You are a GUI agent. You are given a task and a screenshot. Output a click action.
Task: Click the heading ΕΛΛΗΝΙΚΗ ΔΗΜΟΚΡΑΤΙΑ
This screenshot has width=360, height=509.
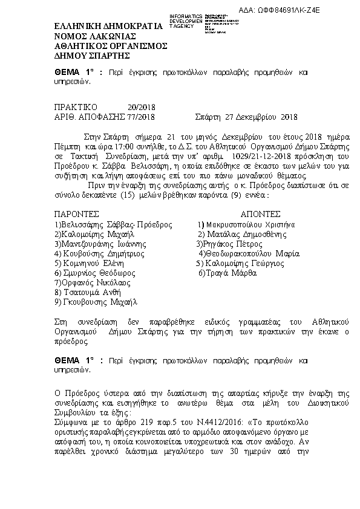pos(108,27)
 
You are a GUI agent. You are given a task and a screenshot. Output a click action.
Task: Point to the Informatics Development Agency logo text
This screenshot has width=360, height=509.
pos(186,21)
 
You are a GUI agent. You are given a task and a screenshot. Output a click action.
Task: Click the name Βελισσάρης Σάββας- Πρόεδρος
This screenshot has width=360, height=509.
pos(105,224)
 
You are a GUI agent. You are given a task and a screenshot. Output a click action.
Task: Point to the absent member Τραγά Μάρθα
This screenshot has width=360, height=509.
pos(227,273)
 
